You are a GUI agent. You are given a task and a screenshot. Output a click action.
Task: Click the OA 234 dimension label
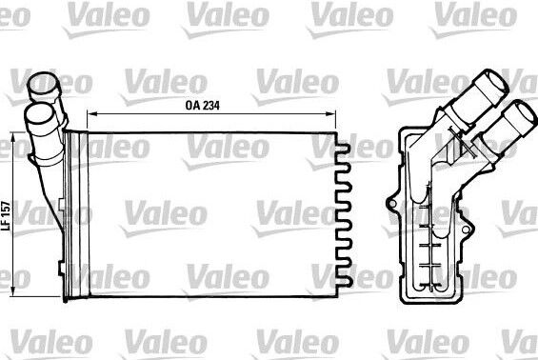coord(202,106)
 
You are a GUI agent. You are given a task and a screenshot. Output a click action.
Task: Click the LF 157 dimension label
coord(6,215)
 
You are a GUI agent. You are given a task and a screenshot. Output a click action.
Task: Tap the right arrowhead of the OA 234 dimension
coord(330,113)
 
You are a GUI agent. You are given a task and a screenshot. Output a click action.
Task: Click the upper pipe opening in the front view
coord(43,82)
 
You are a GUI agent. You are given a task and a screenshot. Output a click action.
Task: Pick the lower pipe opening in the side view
coord(525,113)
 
